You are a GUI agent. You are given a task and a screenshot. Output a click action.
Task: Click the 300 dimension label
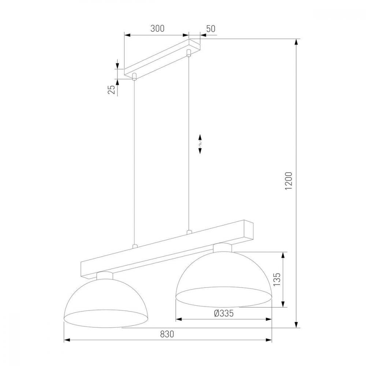(157, 29)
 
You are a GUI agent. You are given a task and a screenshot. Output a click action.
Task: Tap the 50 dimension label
(210, 29)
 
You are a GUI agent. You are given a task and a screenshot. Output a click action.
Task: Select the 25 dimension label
(112, 89)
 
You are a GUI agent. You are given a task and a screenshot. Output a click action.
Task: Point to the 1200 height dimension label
(289, 181)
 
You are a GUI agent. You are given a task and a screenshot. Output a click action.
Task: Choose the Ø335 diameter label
(224, 313)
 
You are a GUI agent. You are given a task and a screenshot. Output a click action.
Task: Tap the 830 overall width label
(167, 334)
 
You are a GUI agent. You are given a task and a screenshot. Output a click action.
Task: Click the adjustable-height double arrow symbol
(200, 144)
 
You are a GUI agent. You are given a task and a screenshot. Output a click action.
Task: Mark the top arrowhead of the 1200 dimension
(296, 43)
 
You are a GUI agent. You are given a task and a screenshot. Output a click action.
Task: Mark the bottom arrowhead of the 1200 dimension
(296, 324)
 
